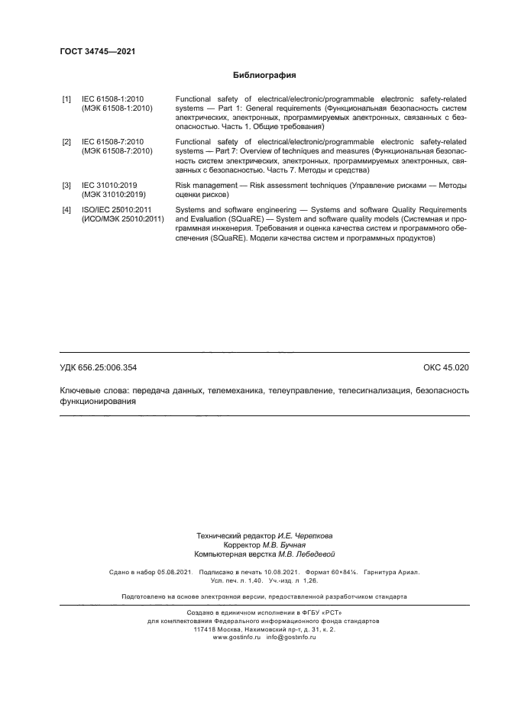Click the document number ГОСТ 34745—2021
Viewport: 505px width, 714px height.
[x=97, y=52]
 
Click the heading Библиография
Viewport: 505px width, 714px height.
[x=264, y=76]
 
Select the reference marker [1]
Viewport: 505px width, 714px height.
[x=66, y=99]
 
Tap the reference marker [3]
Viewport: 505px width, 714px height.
[x=66, y=185]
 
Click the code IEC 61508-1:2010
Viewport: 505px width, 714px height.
[x=113, y=99]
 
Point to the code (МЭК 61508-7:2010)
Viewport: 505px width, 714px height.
[x=118, y=151]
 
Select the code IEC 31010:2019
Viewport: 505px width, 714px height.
[x=111, y=185]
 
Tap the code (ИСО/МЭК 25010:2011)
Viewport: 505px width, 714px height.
[x=123, y=219]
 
